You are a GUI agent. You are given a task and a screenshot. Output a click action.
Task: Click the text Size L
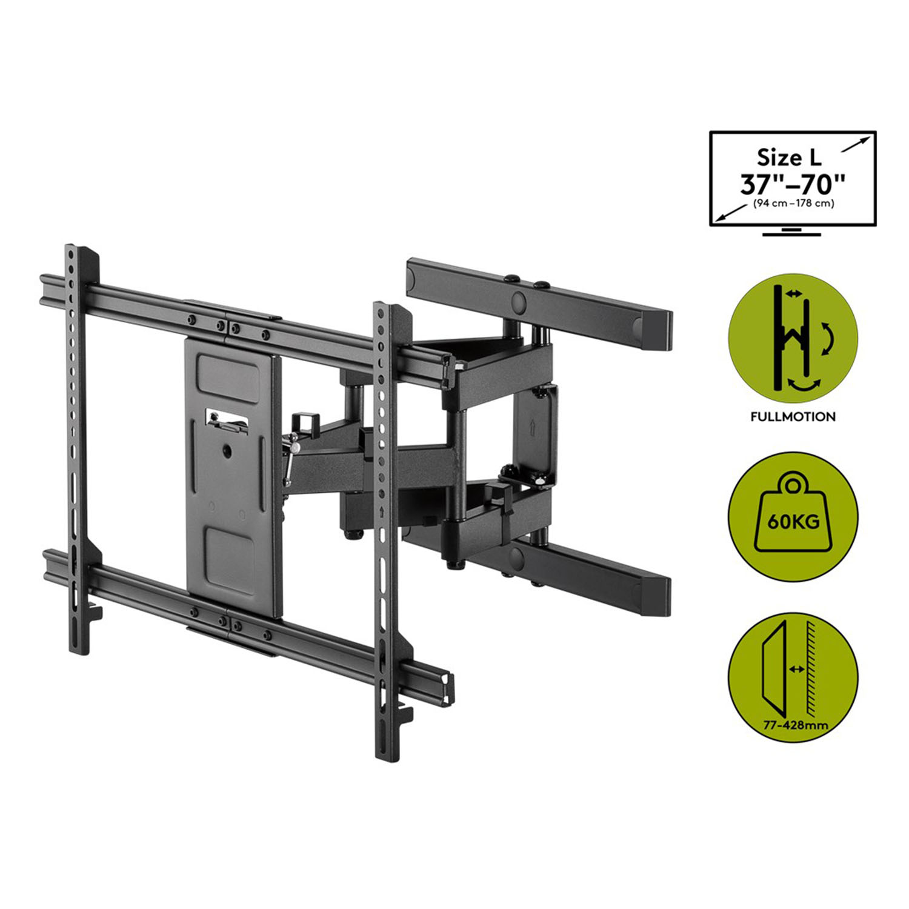[x=789, y=158]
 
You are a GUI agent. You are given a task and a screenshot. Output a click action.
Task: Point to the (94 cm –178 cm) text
[x=793, y=204]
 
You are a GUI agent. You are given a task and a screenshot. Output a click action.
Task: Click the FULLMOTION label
[x=793, y=417]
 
